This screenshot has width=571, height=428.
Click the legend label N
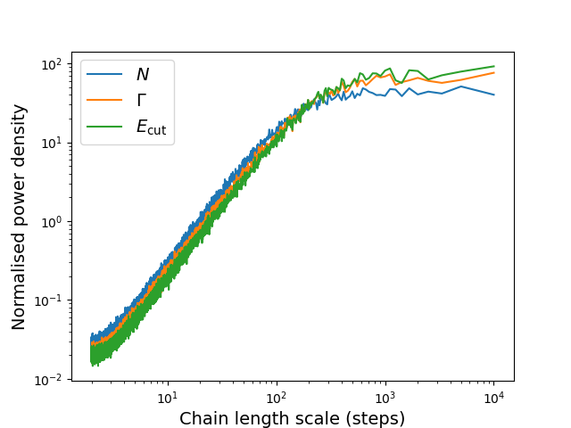(x=142, y=76)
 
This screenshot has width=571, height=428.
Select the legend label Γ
(x=142, y=101)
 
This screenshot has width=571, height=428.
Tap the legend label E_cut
(x=151, y=127)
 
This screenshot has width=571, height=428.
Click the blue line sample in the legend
(x=105, y=76)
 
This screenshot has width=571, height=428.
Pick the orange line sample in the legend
(x=105, y=101)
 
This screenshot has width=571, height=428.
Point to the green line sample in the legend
(x=105, y=127)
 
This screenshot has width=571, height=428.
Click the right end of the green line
(x=494, y=66)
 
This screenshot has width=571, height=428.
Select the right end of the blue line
(x=494, y=95)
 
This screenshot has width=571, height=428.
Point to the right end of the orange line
(x=494, y=73)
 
